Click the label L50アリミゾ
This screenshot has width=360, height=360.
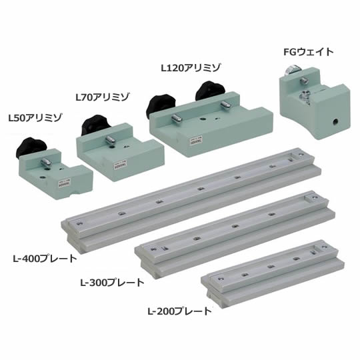point(35,118)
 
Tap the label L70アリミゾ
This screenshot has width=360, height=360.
point(103,97)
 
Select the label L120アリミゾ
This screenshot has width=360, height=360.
point(191,68)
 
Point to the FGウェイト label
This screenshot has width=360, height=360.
point(309,52)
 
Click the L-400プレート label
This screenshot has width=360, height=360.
point(45,259)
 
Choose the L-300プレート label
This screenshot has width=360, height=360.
point(112,283)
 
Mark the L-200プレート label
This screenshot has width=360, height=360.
point(179,311)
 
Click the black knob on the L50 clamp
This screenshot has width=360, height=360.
point(31,146)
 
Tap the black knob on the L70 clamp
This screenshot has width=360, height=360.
point(95,125)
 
